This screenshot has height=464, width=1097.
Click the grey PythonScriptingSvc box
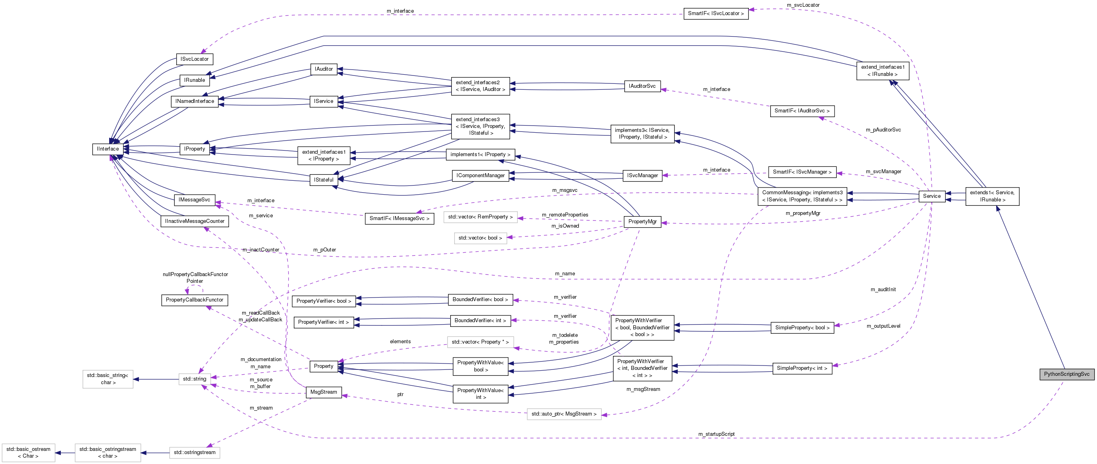(x=1066, y=374)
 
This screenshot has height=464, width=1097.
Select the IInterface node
(x=108, y=149)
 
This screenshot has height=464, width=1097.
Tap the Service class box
(x=931, y=196)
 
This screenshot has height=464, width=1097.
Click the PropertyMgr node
(x=642, y=222)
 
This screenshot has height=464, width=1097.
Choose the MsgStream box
(x=323, y=392)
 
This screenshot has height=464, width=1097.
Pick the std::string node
(x=195, y=379)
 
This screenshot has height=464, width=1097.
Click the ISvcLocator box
(x=194, y=59)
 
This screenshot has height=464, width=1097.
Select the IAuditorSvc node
(x=642, y=86)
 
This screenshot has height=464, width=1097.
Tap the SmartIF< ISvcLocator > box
(x=715, y=14)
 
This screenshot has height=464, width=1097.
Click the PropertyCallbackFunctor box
(x=194, y=300)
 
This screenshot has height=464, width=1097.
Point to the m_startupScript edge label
(x=716, y=434)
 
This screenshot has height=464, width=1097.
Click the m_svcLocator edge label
(x=803, y=5)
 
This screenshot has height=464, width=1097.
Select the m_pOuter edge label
(x=324, y=250)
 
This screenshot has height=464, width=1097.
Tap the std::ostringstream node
(x=195, y=452)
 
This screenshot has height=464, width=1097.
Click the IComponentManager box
(x=480, y=176)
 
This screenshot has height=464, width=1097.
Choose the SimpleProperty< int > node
(x=802, y=368)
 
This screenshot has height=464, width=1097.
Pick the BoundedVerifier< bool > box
(x=480, y=300)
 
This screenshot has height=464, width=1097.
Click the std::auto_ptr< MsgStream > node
(x=563, y=414)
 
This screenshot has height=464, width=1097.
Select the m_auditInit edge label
(x=882, y=290)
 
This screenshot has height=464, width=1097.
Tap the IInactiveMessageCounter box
(x=195, y=222)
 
